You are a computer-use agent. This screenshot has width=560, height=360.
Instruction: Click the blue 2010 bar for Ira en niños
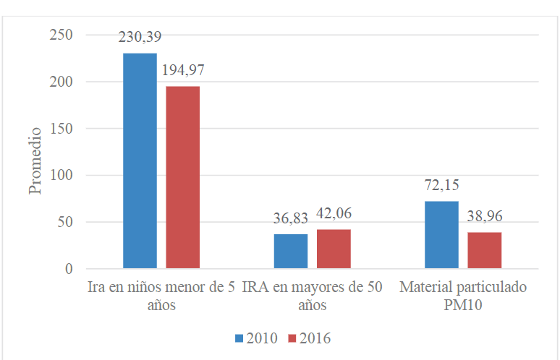coord(140,160)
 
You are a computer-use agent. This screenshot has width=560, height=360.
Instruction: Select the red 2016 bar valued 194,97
coord(182,177)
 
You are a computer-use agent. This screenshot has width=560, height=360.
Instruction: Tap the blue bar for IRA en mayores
coord(290,252)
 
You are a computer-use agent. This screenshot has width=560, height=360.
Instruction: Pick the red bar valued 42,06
coord(334,249)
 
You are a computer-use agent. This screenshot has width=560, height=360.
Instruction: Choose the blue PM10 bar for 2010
coord(441,235)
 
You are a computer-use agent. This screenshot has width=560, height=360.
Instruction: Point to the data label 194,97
coord(183,74)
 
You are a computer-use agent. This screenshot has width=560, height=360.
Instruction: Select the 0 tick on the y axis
coord(69,269)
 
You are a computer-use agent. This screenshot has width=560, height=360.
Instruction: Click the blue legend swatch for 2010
coord(239,338)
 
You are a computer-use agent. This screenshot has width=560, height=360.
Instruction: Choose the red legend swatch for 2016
coord(292,338)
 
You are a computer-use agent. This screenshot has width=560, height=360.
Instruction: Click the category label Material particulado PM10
coord(463,296)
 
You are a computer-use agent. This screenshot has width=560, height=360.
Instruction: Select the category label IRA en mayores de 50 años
coord(313,296)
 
